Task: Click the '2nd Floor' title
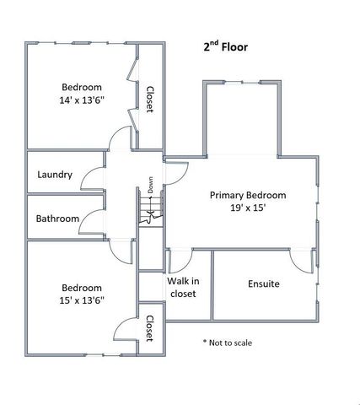[226, 47]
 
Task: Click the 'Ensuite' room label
[264, 283]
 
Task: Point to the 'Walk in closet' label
[182, 288]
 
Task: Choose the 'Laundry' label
[55, 175]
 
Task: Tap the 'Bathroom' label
[57, 219]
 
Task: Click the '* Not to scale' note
[227, 343]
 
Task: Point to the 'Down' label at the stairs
[150, 185]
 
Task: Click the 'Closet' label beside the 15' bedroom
[149, 328]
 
